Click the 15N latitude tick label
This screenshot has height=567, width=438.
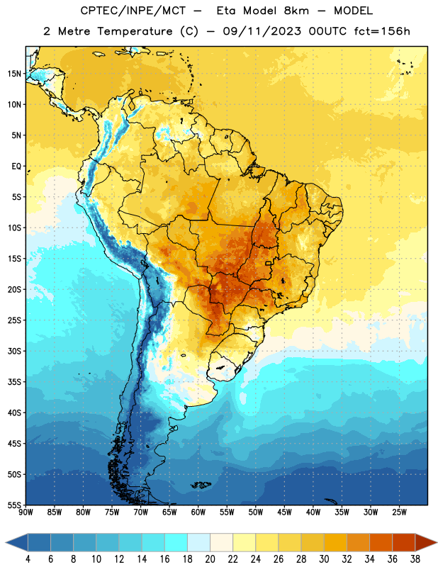point(14,74)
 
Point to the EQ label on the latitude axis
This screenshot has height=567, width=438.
point(16,167)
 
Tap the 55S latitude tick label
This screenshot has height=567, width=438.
point(14,505)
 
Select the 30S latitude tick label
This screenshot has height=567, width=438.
point(14,351)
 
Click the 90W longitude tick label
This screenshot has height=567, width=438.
point(26,512)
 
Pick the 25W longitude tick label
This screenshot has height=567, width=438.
point(399,512)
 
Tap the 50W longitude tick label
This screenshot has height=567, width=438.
point(256,512)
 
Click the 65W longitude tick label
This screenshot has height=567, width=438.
point(169,512)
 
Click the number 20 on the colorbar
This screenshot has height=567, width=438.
point(210,559)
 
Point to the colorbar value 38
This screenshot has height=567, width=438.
point(415,559)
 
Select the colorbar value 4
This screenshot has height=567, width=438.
point(28,559)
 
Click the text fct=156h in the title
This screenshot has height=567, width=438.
point(382,31)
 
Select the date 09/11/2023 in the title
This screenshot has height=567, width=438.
point(262,31)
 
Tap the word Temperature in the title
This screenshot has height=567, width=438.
point(135,31)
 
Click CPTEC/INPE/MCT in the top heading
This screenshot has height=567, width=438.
point(133,11)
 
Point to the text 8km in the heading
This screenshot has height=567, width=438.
point(296,11)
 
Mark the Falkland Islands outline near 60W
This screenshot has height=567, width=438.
point(201,485)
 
